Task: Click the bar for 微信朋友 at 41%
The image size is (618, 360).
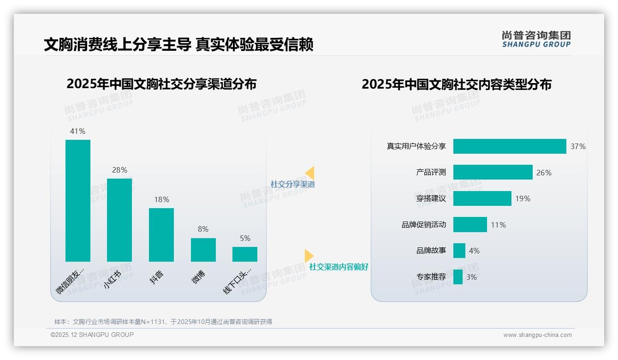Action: (x=78, y=200)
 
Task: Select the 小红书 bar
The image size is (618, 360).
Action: (x=119, y=220)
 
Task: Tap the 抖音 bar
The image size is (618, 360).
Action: (x=161, y=234)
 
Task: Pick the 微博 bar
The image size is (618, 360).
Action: (x=203, y=250)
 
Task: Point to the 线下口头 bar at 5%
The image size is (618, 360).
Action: (x=245, y=254)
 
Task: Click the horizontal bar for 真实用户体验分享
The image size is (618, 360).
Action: (x=509, y=146)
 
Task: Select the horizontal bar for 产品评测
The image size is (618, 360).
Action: (x=493, y=172)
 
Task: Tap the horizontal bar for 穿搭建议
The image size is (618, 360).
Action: (x=482, y=198)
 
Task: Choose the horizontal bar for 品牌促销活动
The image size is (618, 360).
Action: (x=470, y=225)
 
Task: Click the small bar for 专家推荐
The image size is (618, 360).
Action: (x=458, y=277)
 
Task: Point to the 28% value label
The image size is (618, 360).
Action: (x=119, y=170)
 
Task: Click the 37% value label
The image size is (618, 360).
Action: (x=578, y=146)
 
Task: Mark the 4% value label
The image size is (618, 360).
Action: (x=474, y=251)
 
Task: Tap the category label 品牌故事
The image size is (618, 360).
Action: (x=431, y=251)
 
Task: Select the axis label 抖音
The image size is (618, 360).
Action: (x=157, y=277)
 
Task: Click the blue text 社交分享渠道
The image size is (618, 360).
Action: (x=293, y=184)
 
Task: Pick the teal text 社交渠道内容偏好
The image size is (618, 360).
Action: (x=339, y=267)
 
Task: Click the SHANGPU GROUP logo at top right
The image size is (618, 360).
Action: (x=536, y=39)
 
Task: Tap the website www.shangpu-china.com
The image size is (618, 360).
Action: (x=537, y=335)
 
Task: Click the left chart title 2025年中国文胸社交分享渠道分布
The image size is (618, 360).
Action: (x=161, y=84)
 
